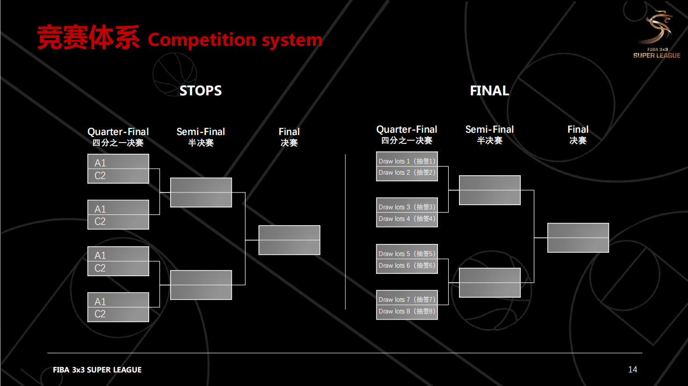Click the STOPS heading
(200, 91)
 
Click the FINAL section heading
(489, 91)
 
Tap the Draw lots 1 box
(407, 161)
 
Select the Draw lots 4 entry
(407, 219)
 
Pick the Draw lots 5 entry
(407, 254)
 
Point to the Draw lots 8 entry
(407, 311)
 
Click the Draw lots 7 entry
(407, 300)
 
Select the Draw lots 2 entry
(407, 172)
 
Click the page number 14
(633, 370)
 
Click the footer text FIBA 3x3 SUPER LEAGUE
(97, 370)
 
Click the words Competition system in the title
(235, 40)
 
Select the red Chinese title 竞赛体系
(88, 37)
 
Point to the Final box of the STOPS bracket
(289, 240)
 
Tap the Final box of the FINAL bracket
(578, 238)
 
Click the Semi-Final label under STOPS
(201, 132)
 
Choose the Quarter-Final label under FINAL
(407, 129)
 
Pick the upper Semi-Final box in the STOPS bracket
(201, 193)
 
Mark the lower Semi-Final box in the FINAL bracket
(489, 283)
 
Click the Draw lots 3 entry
(407, 207)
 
